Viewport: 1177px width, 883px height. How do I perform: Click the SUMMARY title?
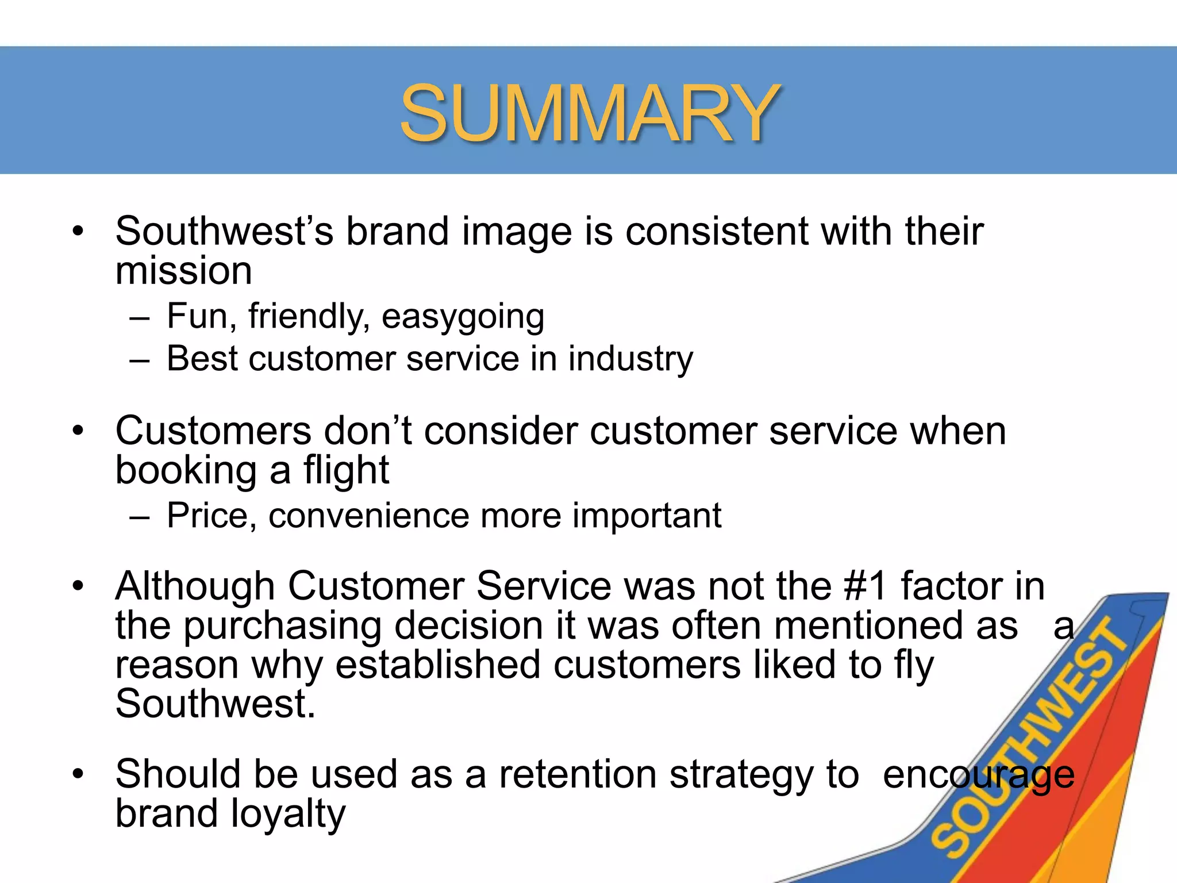click(590, 113)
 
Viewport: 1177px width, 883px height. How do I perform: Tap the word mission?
click(184, 271)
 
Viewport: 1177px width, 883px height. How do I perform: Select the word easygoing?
click(463, 317)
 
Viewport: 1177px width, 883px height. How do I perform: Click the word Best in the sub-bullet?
click(202, 359)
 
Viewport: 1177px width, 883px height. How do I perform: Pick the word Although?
click(195, 587)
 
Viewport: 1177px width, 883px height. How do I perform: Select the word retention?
click(578, 775)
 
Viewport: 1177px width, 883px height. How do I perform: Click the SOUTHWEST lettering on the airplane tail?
click(1029, 742)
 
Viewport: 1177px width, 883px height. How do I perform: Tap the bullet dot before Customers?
click(78, 431)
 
